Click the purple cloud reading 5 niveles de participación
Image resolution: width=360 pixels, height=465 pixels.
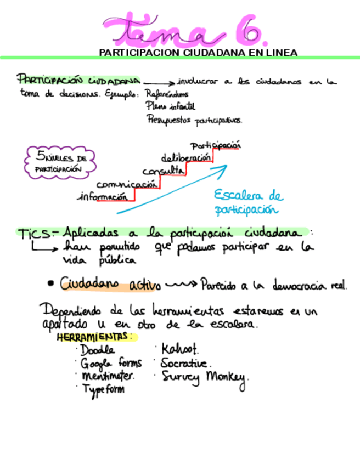[59, 163]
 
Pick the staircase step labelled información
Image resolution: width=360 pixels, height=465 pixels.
[104, 196]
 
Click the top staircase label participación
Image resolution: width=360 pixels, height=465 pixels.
[216, 146]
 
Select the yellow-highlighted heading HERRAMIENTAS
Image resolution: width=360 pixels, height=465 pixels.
[94, 337]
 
